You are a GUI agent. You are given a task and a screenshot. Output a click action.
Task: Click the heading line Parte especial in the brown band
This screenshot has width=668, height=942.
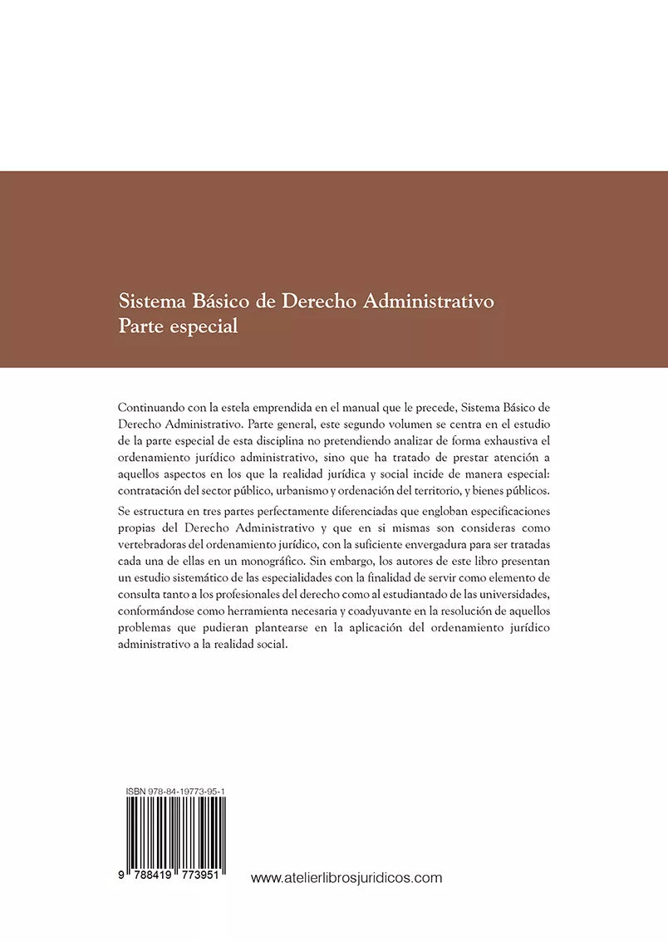coord(179,326)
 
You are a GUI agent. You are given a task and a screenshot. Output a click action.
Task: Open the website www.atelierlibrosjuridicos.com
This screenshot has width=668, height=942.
coord(346,877)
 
